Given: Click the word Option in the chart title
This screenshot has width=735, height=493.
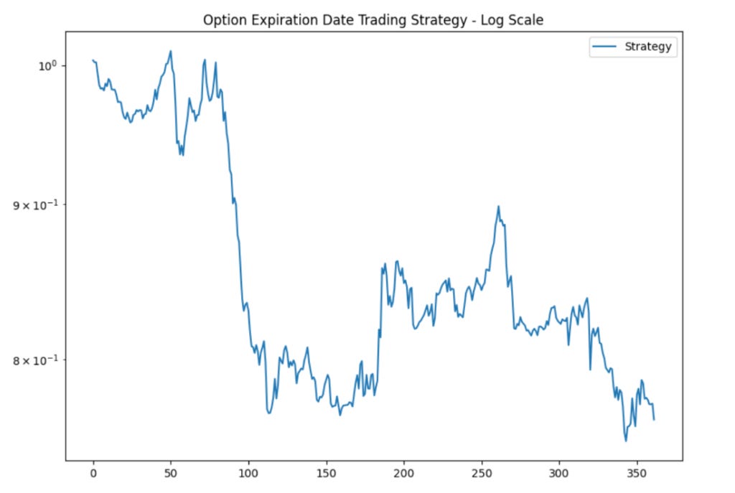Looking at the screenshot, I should [223, 20].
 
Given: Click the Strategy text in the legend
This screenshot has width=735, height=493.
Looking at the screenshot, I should [647, 47].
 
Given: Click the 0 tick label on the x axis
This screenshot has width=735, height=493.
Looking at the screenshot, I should [93, 474].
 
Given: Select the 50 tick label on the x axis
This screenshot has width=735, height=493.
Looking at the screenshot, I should [171, 474].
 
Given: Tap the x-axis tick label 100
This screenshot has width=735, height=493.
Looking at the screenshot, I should [248, 474].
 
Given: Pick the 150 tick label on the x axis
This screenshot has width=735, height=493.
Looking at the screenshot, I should [326, 474].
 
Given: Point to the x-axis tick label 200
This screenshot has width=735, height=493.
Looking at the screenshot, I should [403, 474].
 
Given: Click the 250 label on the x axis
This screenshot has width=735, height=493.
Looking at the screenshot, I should [481, 474].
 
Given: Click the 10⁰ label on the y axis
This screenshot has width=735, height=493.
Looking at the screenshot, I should [47, 65].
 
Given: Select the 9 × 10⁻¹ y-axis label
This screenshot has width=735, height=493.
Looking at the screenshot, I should [35, 205].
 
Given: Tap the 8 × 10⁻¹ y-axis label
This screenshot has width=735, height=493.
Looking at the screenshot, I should [35, 360].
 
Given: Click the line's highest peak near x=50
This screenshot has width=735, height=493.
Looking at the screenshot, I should [171, 51].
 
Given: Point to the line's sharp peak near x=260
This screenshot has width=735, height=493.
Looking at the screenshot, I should [498, 207].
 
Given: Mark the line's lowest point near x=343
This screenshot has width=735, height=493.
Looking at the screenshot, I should [626, 441].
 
